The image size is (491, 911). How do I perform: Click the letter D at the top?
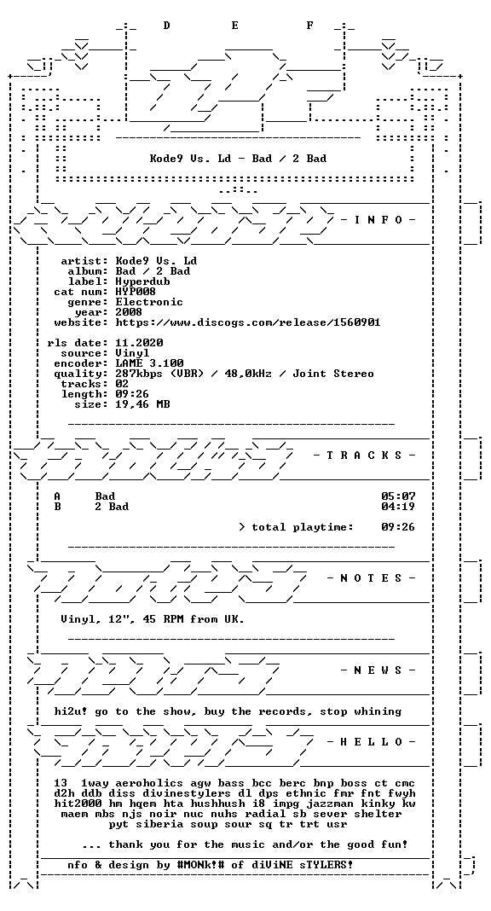(166, 26)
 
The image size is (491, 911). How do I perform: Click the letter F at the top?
(310, 26)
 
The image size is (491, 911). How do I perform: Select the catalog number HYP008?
(136, 292)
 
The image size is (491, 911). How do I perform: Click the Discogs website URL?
(248, 322)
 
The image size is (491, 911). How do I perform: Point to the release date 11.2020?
(139, 343)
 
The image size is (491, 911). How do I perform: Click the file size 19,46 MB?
(142, 404)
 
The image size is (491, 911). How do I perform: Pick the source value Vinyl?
(132, 353)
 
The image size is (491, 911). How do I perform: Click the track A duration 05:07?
(398, 496)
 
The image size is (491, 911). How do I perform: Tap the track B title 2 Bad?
(112, 507)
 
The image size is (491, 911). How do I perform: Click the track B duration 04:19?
(398, 507)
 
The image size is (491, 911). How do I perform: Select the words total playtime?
(303, 527)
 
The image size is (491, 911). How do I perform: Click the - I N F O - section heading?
(378, 219)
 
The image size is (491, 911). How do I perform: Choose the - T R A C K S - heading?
(365, 455)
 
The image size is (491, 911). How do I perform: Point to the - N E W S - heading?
(378, 670)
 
